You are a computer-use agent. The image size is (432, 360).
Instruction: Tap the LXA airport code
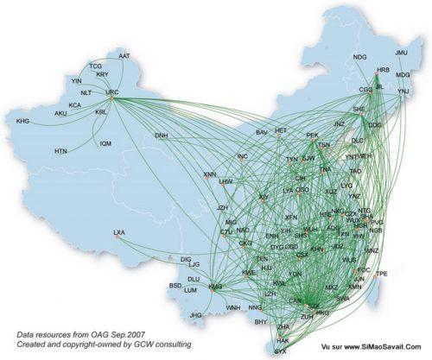tap(119, 233)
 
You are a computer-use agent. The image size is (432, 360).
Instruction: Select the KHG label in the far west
tap(22, 121)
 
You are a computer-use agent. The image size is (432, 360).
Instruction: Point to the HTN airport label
tap(60, 151)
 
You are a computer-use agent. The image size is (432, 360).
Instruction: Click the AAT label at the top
tap(124, 56)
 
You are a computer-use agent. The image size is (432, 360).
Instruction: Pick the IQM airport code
tap(105, 143)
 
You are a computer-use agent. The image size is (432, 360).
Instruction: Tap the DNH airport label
tap(162, 136)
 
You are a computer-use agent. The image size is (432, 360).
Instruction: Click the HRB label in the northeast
tap(384, 69)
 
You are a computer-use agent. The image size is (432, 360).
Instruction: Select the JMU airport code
tap(401, 53)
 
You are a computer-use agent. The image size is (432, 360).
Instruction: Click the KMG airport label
tap(215, 287)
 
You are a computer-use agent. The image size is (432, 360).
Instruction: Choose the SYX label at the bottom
tap(280, 351)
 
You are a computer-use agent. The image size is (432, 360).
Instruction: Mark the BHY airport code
tap(260, 322)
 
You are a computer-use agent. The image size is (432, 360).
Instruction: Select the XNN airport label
tap(210, 174)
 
